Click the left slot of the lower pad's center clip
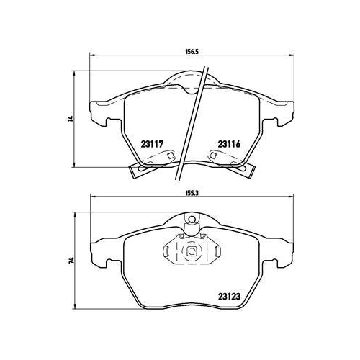(166, 251)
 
